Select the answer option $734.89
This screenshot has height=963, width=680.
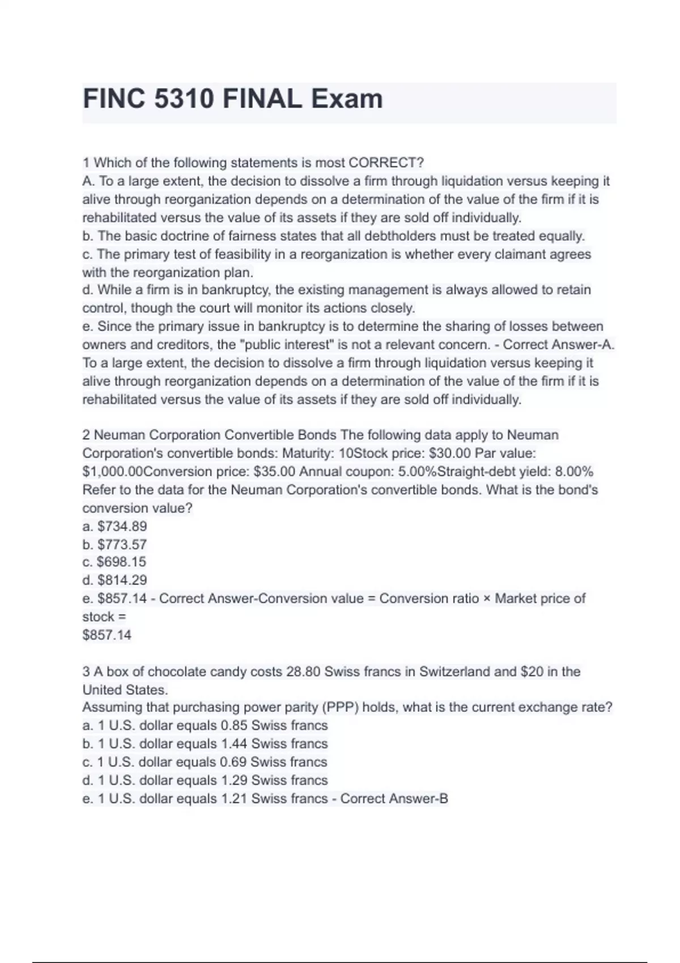pyautogui.click(x=122, y=526)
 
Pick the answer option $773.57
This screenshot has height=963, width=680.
pyautogui.click(x=122, y=544)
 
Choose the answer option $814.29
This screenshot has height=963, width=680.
pyautogui.click(x=122, y=580)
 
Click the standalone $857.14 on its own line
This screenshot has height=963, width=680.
pyautogui.click(x=107, y=635)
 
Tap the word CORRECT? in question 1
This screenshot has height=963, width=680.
pyautogui.click(x=386, y=163)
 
